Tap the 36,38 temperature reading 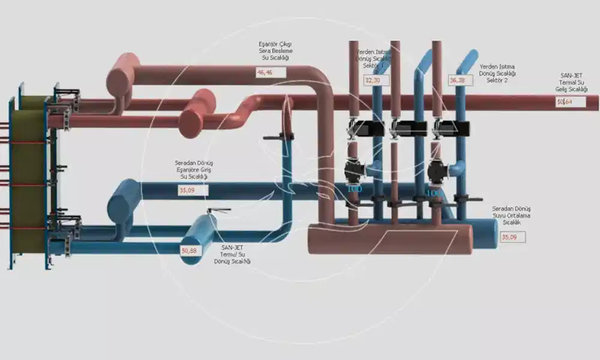(460, 80)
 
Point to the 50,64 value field (570, 102)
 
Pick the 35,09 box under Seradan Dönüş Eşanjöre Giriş (192, 190)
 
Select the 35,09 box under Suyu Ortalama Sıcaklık (513, 237)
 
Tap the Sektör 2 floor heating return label (497, 73)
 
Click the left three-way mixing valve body (355, 170)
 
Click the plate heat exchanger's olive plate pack (28, 180)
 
